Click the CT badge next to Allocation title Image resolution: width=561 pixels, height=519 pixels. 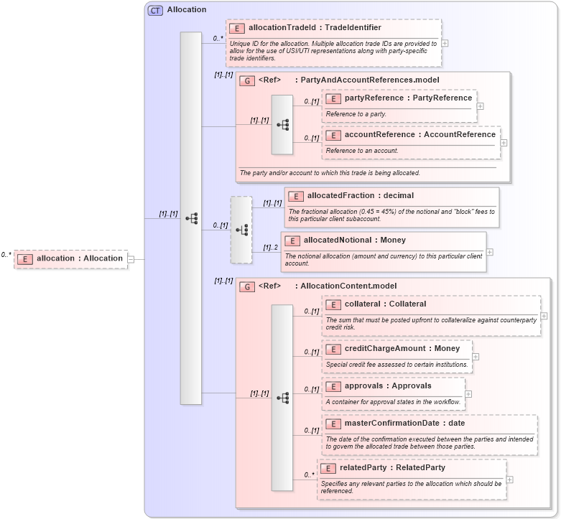pos(155,10)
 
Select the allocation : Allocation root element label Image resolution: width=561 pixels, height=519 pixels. pos(79,258)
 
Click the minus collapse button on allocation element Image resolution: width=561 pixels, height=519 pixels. pos(131,259)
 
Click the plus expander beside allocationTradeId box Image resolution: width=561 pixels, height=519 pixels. pos(445,42)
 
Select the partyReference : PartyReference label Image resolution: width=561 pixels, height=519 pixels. pos(408,98)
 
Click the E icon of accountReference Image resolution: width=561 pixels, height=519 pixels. pos(333,135)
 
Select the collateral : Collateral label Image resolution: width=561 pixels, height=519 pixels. pos(385,304)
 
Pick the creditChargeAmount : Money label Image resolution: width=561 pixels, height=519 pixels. pos(402,348)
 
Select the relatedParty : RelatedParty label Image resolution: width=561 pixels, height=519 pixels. pos(392,467)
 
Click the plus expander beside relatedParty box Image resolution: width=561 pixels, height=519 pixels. pos(510,480)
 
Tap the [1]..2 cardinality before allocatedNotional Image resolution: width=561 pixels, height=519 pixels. pos(270,248)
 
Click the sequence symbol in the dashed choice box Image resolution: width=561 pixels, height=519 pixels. pos(241,230)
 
